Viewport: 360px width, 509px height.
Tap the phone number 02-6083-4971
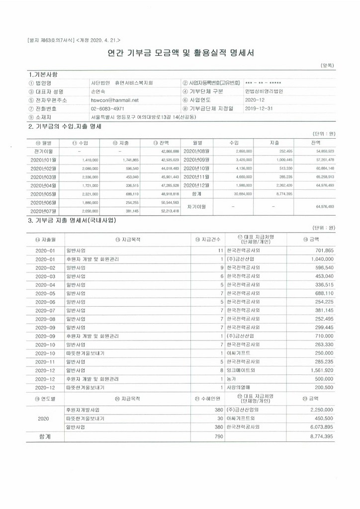pyautogui.click(x=107, y=108)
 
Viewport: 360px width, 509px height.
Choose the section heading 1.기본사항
pyautogui.click(x=44, y=75)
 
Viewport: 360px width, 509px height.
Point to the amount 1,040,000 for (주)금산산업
pyautogui.click(x=318, y=259)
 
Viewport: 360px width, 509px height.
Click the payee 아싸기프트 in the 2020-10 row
pyautogui.click(x=238, y=352)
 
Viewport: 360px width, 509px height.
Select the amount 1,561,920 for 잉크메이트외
pyautogui.click(x=319, y=370)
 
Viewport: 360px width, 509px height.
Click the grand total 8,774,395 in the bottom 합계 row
pyautogui.click(x=318, y=436)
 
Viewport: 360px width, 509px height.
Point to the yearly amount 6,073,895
pyautogui.click(x=318, y=426)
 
